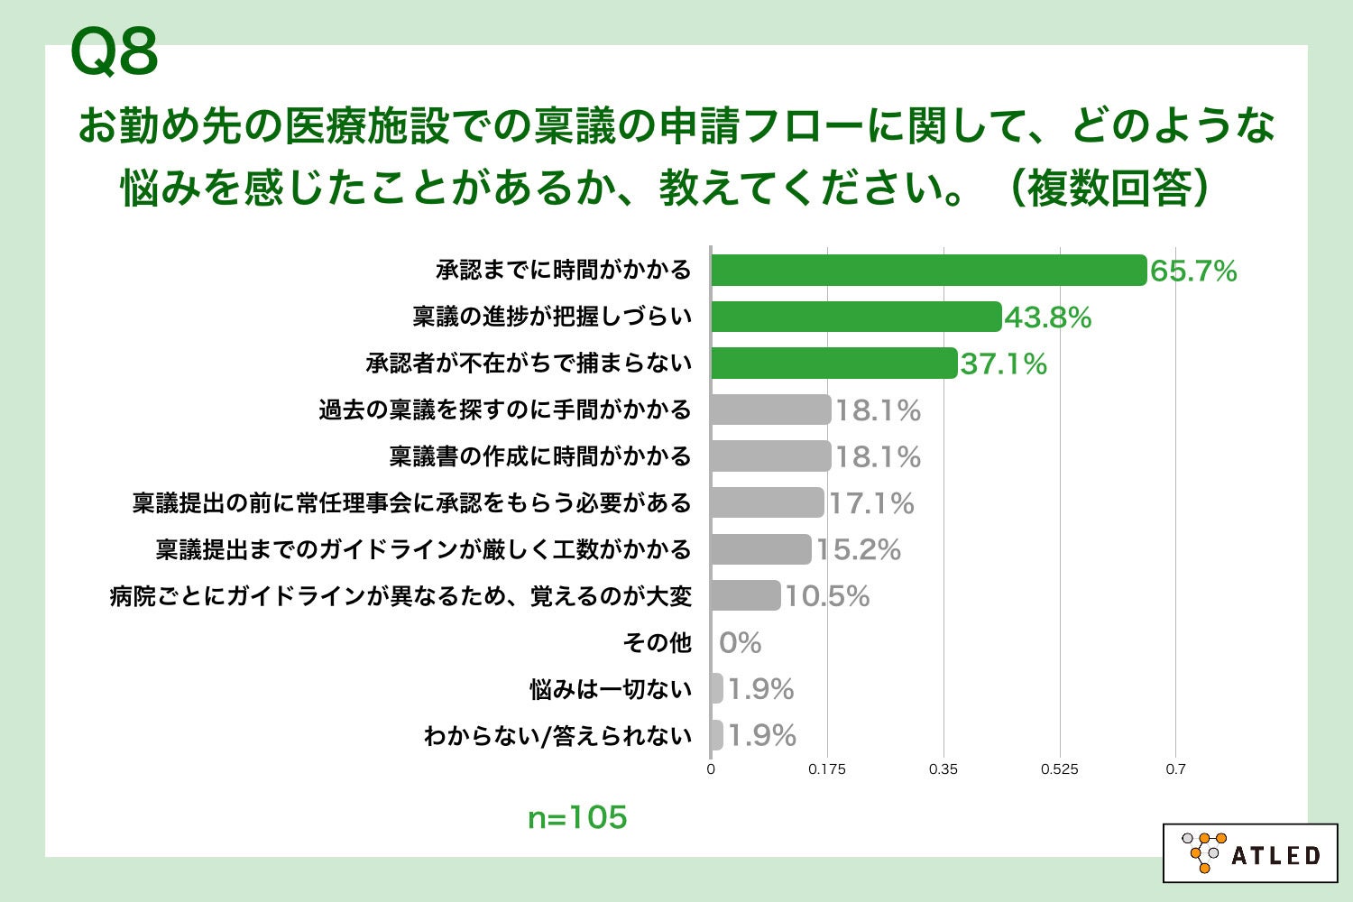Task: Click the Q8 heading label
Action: coord(115,51)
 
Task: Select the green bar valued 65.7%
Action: coord(928,271)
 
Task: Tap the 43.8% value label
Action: coord(1047,318)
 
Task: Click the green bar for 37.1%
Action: coord(833,364)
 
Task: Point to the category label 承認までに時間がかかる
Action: coord(564,270)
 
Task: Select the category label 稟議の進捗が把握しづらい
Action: coord(552,317)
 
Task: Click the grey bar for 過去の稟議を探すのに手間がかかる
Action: coord(770,410)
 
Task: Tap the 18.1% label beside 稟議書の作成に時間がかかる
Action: coord(877,457)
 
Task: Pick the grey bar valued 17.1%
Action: coord(767,502)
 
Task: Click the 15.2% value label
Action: coord(859,550)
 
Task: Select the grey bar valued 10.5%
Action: coord(745,595)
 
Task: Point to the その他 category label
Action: coord(657,643)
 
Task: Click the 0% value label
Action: coord(740,643)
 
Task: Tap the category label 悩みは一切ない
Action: coord(611,690)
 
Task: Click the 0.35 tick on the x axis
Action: coord(943,769)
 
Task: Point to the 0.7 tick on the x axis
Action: coord(1175,769)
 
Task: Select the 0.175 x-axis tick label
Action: coord(827,769)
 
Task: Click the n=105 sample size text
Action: coord(577,817)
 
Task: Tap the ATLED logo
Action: coord(1250,852)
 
